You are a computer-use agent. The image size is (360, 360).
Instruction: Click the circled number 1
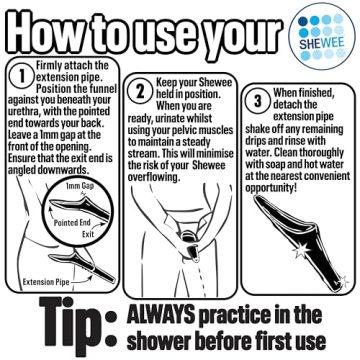click(22, 76)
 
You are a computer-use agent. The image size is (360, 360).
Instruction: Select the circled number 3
click(257, 101)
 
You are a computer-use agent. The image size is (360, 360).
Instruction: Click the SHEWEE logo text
click(322, 43)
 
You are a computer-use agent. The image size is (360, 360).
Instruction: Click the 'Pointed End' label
click(72, 223)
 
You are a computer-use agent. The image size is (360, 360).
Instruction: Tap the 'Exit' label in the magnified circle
click(88, 234)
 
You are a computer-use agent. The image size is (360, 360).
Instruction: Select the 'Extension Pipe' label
click(46, 282)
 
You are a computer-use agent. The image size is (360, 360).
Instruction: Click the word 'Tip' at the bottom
click(69, 322)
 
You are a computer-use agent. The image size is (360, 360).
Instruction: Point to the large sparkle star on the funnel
click(301, 250)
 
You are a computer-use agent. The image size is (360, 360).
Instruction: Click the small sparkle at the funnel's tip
click(343, 282)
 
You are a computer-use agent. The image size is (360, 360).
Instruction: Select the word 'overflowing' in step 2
click(154, 177)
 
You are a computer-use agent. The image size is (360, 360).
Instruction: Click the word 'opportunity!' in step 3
click(271, 188)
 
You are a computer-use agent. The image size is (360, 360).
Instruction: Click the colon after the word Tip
click(110, 328)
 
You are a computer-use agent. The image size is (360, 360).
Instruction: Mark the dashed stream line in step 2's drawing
click(200, 278)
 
